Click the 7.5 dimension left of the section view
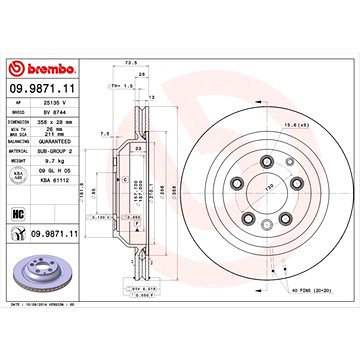pyautogui.click(x=105, y=130)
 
